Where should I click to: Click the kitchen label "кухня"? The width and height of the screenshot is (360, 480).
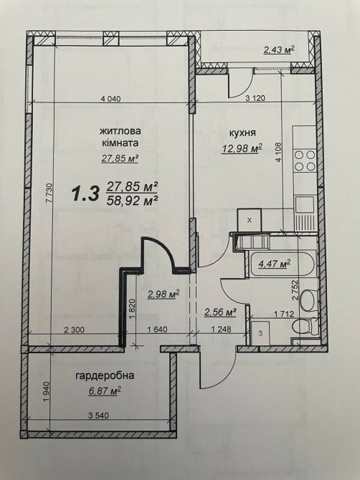point(242,133)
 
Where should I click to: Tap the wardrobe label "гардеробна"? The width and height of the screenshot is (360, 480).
point(105,375)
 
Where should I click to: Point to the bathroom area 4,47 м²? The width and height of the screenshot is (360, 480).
point(275,264)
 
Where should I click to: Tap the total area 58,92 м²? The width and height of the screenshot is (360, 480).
point(133,201)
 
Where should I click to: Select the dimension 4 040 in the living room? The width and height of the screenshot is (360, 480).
point(111,99)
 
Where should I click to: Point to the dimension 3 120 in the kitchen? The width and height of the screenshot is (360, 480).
point(255,98)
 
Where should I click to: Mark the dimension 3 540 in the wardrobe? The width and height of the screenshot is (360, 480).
point(98,416)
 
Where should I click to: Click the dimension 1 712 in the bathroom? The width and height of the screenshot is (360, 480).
point(284,314)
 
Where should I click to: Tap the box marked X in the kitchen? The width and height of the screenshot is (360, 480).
point(250,220)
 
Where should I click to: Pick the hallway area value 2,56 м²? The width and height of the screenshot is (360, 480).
point(220,312)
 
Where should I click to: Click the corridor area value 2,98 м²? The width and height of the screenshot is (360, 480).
point(164,294)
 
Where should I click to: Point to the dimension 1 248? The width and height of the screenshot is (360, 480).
point(221,330)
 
